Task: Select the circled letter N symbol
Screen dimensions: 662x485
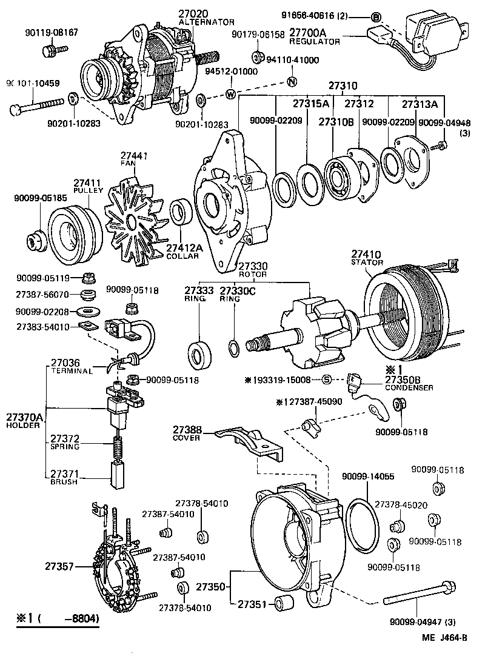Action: pyautogui.click(x=291, y=82)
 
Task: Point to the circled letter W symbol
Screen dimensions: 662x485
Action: pyautogui.click(x=231, y=94)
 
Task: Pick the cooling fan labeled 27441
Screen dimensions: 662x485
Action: pyautogui.click(x=135, y=216)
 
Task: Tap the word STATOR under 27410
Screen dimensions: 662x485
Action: pyautogui.click(x=367, y=262)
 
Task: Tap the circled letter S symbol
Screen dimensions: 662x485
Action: pyautogui.click(x=326, y=380)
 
